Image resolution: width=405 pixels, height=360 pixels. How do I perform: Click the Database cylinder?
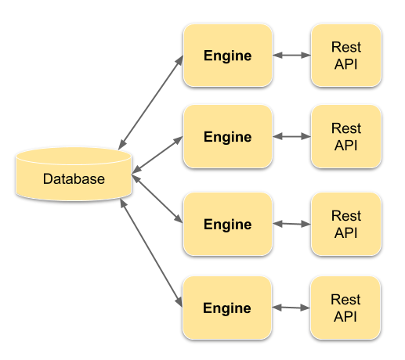point(73,174)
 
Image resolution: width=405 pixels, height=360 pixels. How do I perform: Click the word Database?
point(74,179)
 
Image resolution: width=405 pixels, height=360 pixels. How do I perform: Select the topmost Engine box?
point(227,56)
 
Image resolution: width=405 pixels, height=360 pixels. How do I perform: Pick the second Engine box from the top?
point(227,137)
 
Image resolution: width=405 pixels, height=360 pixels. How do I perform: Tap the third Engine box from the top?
point(227,225)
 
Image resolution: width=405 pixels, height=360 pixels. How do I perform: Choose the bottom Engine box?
point(227,308)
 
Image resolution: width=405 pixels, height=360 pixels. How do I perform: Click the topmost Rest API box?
point(345,56)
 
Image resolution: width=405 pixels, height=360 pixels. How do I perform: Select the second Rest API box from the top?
point(345,137)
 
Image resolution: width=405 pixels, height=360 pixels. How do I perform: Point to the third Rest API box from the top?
point(345,225)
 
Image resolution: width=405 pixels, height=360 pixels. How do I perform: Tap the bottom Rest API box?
point(345,308)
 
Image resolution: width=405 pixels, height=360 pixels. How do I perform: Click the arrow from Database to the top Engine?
point(150,101)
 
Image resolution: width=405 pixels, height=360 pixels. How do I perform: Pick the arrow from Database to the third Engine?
point(157,199)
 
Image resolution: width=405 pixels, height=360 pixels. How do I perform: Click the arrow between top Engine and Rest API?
point(291,56)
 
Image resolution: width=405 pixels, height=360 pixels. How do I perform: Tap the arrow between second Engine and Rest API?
point(291,136)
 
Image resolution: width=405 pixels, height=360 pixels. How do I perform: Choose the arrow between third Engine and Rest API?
point(291,224)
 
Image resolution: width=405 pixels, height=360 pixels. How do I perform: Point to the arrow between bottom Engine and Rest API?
point(291,308)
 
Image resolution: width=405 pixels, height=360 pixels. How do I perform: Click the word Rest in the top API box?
point(345,48)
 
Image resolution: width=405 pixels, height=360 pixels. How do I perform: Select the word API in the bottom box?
point(345,316)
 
